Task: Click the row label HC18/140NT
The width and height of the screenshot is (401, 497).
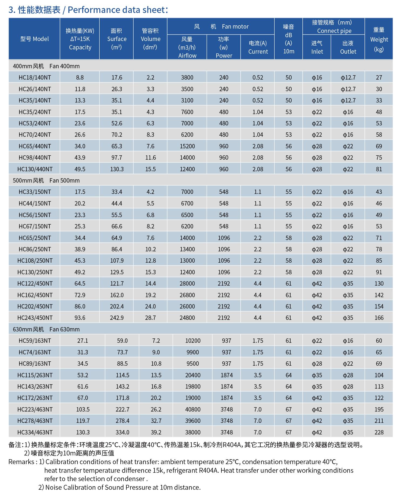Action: pyautogui.click(x=35, y=77)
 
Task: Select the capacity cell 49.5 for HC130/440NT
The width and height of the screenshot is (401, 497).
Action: pyautogui.click(x=80, y=169)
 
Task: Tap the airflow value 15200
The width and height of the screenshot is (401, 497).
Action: pyautogui.click(x=187, y=146)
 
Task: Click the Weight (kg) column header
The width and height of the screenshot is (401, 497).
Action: pyautogui.click(x=379, y=39)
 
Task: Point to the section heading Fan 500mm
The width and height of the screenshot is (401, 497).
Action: pyautogui.click(x=46, y=180)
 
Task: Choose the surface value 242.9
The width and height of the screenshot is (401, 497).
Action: pyautogui.click(x=117, y=318)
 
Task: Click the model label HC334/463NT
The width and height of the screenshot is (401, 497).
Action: pyautogui.click(x=35, y=432)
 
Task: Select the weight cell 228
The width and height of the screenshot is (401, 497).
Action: pyautogui.click(x=379, y=432)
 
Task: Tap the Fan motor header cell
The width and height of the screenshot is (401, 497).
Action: pyautogui.click(x=221, y=26)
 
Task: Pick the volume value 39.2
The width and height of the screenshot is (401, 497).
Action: pyautogui.click(x=156, y=432)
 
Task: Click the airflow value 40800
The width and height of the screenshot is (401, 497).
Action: pyautogui.click(x=193, y=409)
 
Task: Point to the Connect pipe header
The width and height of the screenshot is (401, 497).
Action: pyautogui.click(x=334, y=26)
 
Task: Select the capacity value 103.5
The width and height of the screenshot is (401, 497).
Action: pyautogui.click(x=83, y=409)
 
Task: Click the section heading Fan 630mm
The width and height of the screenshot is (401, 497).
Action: pyautogui.click(x=46, y=329)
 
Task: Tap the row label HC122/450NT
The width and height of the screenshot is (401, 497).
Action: pyautogui.click(x=35, y=283)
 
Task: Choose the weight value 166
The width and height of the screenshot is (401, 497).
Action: pyautogui.click(x=379, y=318)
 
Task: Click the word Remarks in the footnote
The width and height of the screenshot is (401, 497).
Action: pyautogui.click(x=21, y=462)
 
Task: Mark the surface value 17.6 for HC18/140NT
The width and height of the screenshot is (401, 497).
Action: pyautogui.click(x=117, y=77)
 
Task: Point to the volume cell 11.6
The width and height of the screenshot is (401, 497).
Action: pyautogui.click(x=150, y=157)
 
